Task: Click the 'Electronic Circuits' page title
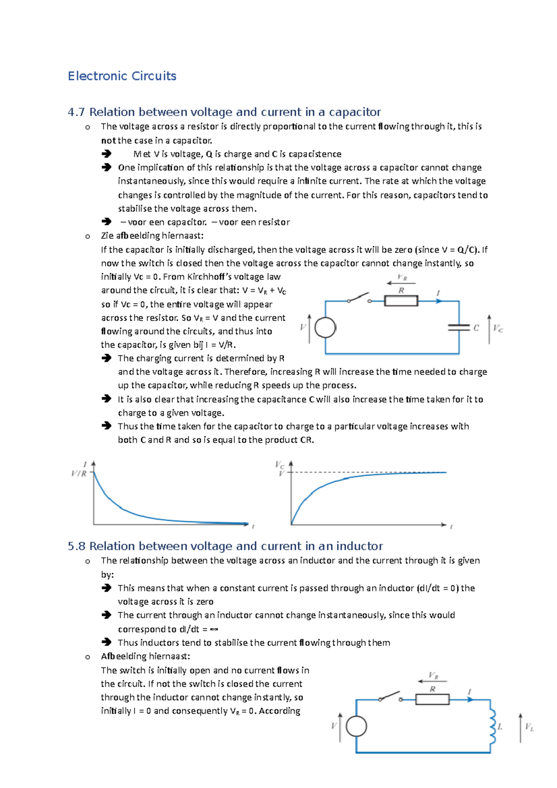(122, 76)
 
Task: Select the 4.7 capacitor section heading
(224, 112)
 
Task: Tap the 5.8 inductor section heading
(225, 546)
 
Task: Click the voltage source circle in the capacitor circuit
(325, 328)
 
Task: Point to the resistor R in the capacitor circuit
(401, 301)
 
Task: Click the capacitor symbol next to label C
(459, 328)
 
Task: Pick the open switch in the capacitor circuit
(359, 298)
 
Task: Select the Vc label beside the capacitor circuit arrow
(498, 329)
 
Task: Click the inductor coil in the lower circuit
(492, 726)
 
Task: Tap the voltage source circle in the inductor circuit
(356, 726)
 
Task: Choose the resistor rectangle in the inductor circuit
(432, 699)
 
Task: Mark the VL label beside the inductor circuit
(529, 727)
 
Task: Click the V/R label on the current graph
(79, 473)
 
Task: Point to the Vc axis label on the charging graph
(279, 465)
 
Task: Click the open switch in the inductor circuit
(390, 696)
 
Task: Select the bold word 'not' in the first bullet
(108, 141)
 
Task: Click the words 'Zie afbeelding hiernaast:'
(152, 236)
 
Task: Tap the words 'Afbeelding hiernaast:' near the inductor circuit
(146, 656)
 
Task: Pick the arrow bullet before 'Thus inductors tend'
(107, 642)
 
